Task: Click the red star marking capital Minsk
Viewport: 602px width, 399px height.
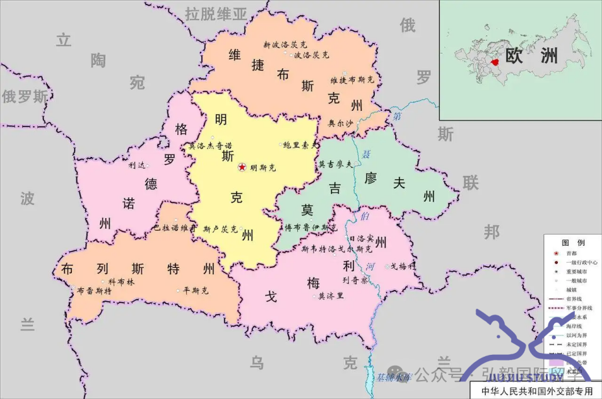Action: pos(242,168)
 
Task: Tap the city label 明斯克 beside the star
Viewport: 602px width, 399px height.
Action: pos(263,168)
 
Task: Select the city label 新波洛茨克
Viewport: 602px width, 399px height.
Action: pos(285,45)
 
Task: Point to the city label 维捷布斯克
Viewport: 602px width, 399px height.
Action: pos(352,80)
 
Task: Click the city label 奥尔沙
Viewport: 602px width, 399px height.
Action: pos(341,124)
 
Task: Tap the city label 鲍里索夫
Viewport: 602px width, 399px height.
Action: pos(300,145)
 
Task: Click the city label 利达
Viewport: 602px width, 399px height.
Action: pos(136,165)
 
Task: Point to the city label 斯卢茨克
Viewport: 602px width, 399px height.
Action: pos(220,229)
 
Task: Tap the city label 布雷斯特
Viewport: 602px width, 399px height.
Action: pos(94,291)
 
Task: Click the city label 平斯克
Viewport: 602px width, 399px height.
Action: pos(196,291)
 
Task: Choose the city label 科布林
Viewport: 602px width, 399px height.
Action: pos(121,282)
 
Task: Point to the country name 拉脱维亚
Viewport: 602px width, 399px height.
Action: pos(216,13)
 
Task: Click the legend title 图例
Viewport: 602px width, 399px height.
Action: pos(573,243)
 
